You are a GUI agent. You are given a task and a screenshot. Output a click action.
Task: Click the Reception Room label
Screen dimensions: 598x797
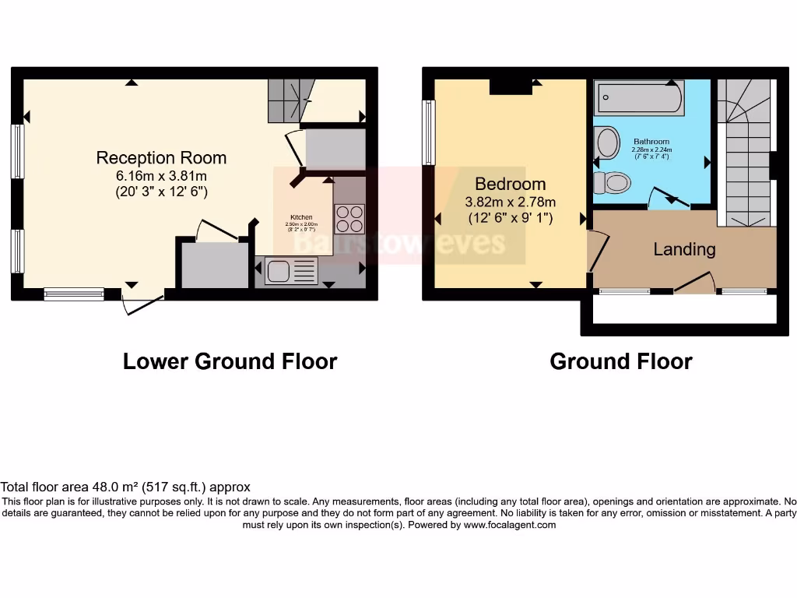[x=161, y=158]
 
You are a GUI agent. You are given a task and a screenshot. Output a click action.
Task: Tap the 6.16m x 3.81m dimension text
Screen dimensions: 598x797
[x=161, y=176]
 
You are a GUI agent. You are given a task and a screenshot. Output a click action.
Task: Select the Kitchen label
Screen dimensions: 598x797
[x=302, y=217]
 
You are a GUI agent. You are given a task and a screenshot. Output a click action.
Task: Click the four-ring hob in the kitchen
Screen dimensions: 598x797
[x=349, y=218]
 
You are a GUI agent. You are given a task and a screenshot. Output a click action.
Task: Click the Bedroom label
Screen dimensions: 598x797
[x=510, y=185]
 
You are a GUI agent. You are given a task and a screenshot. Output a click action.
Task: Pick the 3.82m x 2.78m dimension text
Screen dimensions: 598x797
[x=510, y=202]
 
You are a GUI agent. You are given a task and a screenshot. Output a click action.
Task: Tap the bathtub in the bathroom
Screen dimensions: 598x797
[x=638, y=100]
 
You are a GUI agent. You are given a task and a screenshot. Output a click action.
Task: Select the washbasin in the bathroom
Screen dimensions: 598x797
[x=605, y=143]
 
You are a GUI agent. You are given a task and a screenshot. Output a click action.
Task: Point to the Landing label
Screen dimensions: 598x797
[x=684, y=250]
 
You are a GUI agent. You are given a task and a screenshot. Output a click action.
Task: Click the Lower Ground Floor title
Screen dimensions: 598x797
[x=230, y=361]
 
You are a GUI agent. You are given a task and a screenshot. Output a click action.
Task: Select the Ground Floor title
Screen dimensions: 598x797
[x=620, y=361]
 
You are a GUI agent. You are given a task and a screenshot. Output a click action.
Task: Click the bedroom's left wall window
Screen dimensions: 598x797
[x=428, y=132]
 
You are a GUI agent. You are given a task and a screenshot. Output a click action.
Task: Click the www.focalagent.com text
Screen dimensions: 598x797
[x=510, y=526]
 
